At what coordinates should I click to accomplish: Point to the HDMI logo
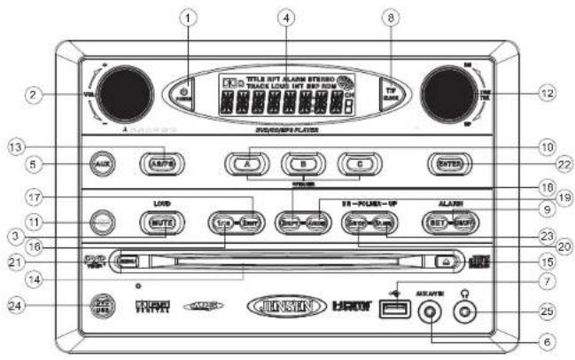click(351, 306)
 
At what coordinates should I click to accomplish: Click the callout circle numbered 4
click(284, 19)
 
